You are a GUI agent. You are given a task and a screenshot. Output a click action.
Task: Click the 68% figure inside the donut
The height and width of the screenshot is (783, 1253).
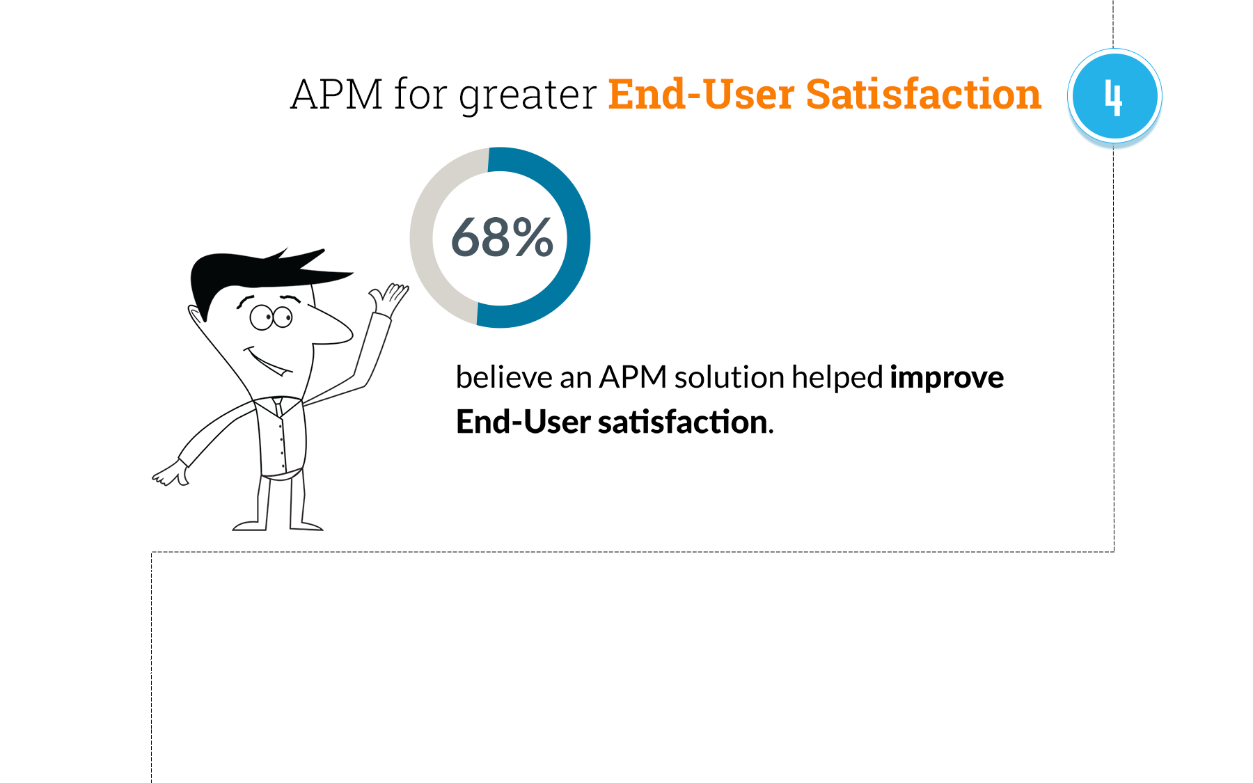pyautogui.click(x=502, y=237)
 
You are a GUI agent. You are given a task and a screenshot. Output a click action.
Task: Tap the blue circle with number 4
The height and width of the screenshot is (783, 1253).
pyautogui.click(x=1114, y=96)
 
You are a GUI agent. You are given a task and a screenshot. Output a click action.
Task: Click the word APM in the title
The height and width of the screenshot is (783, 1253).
pyautogui.click(x=337, y=95)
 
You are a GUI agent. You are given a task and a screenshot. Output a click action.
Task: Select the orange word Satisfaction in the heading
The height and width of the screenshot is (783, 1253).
pyautogui.click(x=923, y=95)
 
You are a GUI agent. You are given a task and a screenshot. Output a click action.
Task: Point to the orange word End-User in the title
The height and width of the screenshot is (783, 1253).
pyautogui.click(x=701, y=95)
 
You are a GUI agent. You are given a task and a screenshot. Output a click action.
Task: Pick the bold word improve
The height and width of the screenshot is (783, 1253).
pyautogui.click(x=947, y=378)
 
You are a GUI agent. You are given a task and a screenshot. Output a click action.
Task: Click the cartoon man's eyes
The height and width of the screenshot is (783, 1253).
pyautogui.click(x=271, y=317)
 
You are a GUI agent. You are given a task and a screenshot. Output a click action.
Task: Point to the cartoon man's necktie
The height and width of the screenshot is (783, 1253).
pyautogui.click(x=278, y=406)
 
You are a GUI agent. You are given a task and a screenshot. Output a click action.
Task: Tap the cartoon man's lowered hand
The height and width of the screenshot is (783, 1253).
pyautogui.click(x=171, y=473)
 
